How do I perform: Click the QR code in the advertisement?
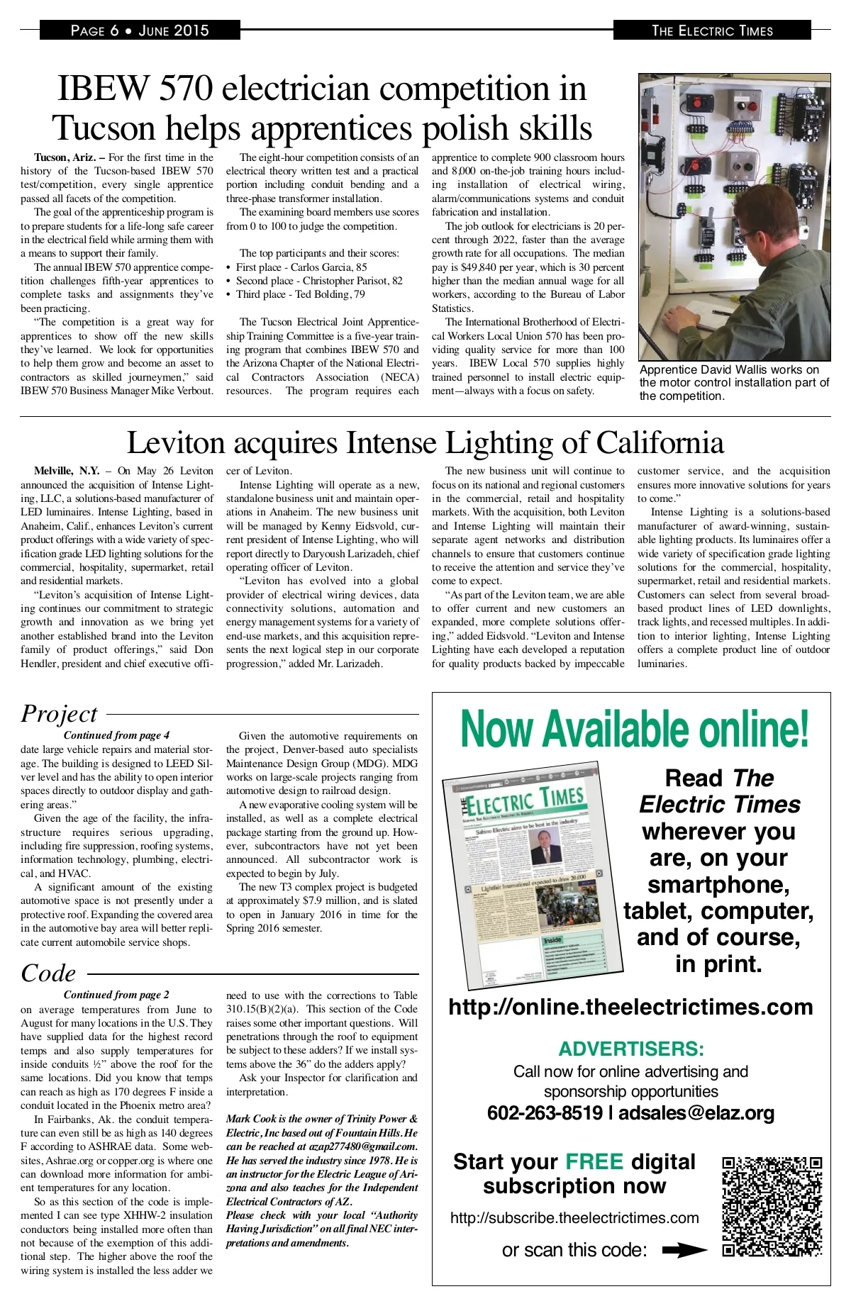[772, 1207]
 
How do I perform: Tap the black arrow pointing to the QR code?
[684, 1251]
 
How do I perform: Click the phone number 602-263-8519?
[545, 1113]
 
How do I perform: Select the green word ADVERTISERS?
[631, 1049]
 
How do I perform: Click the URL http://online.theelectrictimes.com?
[631, 1008]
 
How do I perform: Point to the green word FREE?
[594, 1161]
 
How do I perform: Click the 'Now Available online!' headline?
[634, 730]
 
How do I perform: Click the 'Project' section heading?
[59, 713]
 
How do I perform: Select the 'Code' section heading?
[48, 973]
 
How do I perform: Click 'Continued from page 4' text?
[116, 735]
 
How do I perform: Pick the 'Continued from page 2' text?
[116, 995]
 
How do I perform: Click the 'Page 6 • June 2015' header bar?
[140, 30]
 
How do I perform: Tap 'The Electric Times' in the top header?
[712, 30]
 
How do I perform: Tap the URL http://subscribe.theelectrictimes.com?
[574, 1218]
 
